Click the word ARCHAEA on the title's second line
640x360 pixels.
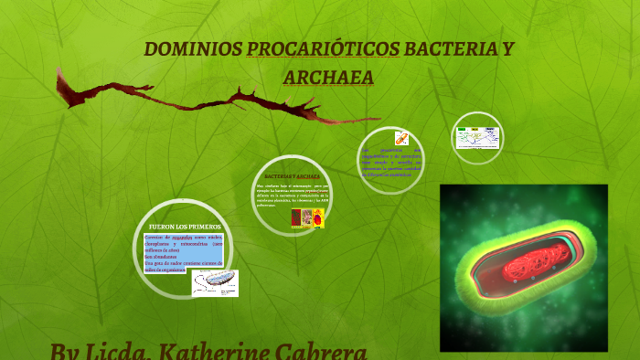(x=328, y=78)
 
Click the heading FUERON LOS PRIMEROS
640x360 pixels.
(x=184, y=226)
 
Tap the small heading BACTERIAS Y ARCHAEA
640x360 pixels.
(x=292, y=175)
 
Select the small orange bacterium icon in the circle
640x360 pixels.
(x=400, y=138)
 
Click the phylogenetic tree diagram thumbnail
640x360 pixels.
(x=478, y=138)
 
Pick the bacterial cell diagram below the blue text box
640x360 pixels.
(x=215, y=282)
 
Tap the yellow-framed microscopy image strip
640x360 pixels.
(x=308, y=217)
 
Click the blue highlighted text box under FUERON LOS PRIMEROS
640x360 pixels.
(x=183, y=251)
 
